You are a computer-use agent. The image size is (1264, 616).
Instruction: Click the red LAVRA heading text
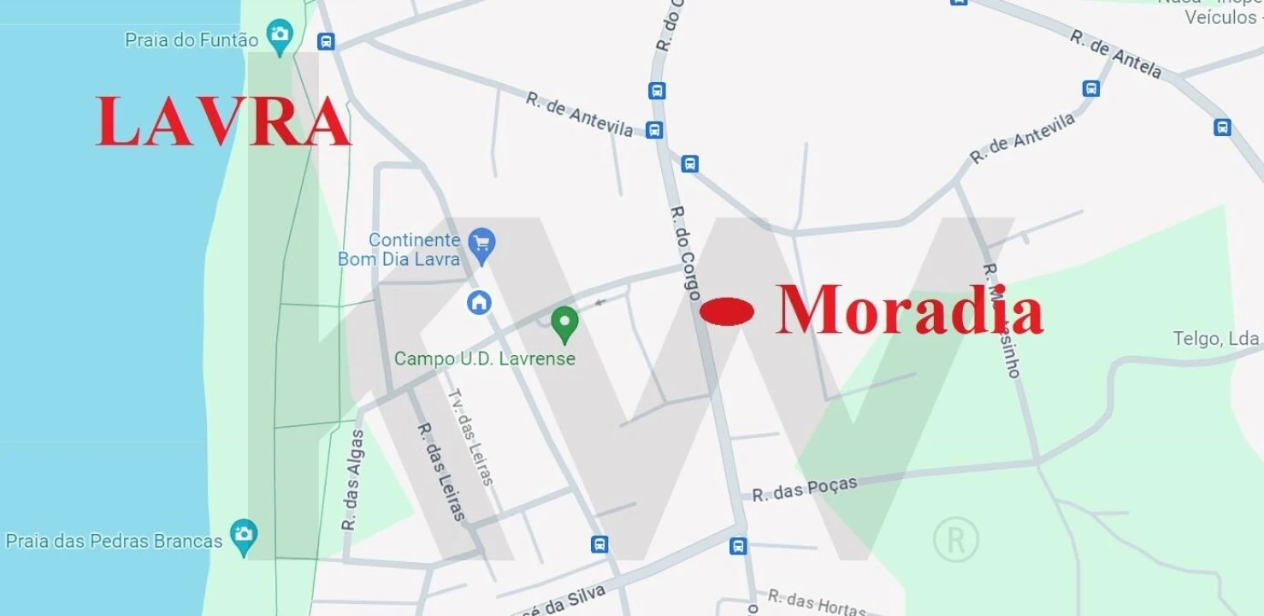(x=223, y=122)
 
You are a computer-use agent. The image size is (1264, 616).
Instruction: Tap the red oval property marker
(x=727, y=311)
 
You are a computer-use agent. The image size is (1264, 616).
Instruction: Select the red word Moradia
(x=909, y=310)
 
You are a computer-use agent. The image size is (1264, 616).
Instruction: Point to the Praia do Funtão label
(x=192, y=40)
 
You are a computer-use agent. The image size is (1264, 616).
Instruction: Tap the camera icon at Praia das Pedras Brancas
(x=244, y=536)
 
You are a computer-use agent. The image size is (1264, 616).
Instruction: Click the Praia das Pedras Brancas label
(x=114, y=541)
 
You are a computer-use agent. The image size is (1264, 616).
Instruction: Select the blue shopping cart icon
(x=481, y=244)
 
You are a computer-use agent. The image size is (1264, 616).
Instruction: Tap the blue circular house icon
(x=479, y=301)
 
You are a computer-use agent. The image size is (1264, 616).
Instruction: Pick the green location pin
(x=564, y=323)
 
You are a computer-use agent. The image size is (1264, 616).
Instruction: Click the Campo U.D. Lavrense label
(x=484, y=358)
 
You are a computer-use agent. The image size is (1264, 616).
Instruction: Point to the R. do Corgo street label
(x=685, y=252)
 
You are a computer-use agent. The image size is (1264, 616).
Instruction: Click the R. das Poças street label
(x=804, y=489)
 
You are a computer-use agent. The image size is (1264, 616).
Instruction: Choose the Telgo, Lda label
(x=1215, y=339)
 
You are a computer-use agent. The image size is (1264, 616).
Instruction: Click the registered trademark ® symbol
(x=955, y=539)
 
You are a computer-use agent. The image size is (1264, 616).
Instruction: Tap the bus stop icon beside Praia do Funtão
(x=325, y=41)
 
